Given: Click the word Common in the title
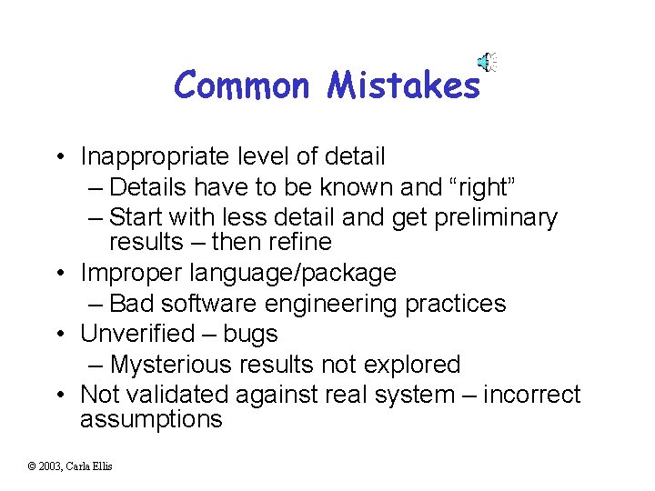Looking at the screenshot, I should (x=241, y=85).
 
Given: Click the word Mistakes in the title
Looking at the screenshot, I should (x=403, y=85).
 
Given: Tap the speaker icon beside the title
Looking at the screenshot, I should (x=488, y=62).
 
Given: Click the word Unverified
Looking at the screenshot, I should (x=137, y=334).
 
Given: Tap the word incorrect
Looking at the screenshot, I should (x=531, y=395).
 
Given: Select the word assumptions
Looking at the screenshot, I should (x=151, y=419).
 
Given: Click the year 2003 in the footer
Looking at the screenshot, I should (x=49, y=466).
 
